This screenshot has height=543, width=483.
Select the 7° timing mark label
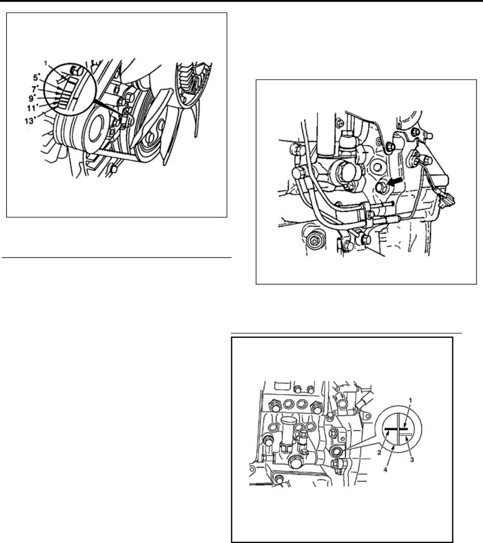pos(35,89)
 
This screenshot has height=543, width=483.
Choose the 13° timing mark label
pos(30,121)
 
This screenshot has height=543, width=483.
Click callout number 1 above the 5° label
pos(46,63)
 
